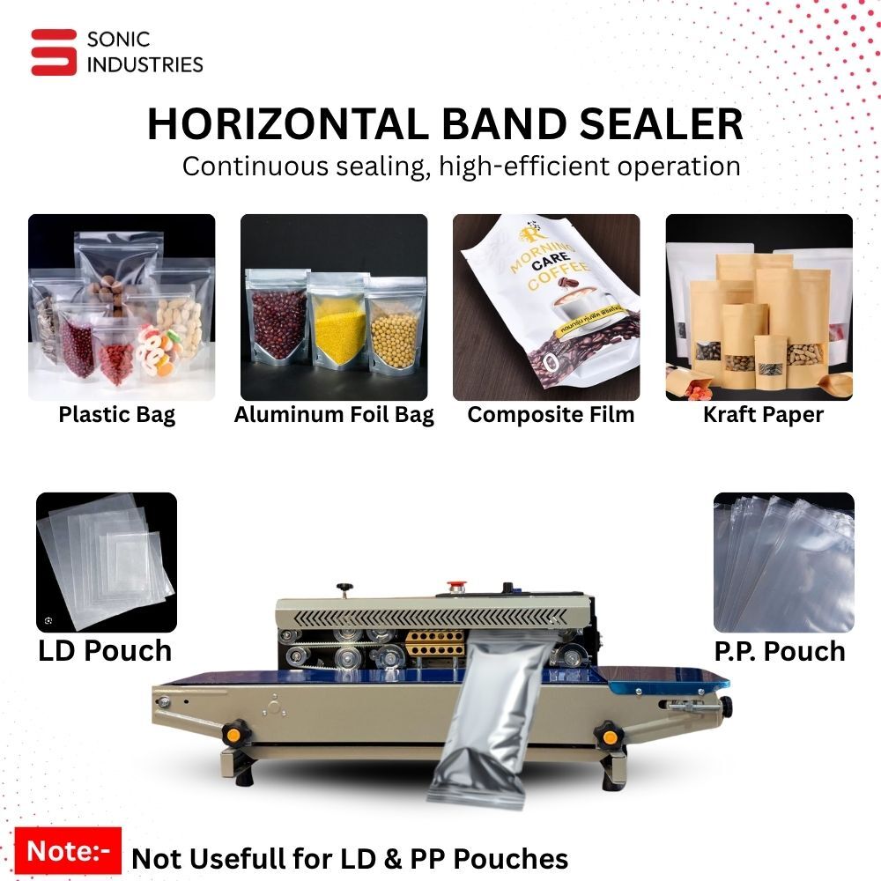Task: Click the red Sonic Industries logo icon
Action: click(x=54, y=52)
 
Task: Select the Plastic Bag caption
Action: click(x=117, y=415)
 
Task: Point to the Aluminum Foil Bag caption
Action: click(x=334, y=415)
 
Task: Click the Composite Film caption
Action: click(x=551, y=415)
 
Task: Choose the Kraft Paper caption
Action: click(x=763, y=415)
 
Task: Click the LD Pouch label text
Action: click(x=105, y=651)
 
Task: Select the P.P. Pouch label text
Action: click(x=780, y=651)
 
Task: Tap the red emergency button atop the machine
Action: click(x=456, y=584)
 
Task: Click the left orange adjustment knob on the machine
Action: click(x=233, y=732)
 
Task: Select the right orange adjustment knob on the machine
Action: click(x=607, y=733)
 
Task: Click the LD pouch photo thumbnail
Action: click(x=106, y=562)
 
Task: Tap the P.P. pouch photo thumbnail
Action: click(x=783, y=562)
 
